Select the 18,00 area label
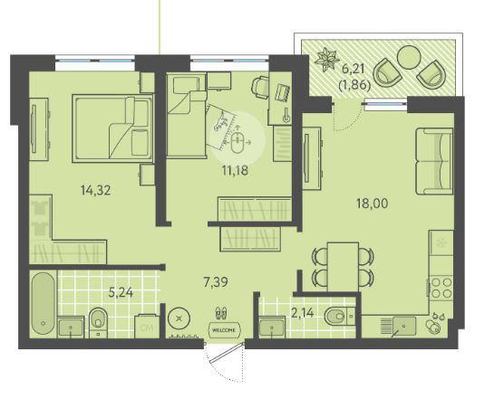click(372, 204)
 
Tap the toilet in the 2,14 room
click(335, 317)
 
